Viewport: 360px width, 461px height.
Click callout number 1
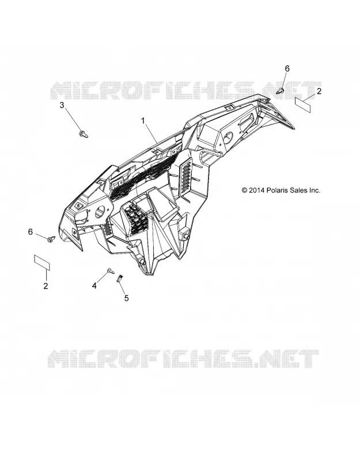143,121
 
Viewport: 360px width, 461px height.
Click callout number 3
62,105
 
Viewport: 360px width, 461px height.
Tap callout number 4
94,285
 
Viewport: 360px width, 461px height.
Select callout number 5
126,298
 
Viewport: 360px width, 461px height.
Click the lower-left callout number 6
31,232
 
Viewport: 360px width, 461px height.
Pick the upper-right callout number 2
319,91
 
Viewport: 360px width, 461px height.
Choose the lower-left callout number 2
46,286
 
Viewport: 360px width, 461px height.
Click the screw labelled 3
83,134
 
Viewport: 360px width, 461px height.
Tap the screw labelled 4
111,271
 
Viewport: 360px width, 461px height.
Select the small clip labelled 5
120,278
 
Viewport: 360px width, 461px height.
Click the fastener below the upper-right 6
281,91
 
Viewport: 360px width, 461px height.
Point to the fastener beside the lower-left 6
51,239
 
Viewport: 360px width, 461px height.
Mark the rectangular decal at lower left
42,263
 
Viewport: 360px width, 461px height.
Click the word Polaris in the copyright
278,190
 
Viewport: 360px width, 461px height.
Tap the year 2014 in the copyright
257,190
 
